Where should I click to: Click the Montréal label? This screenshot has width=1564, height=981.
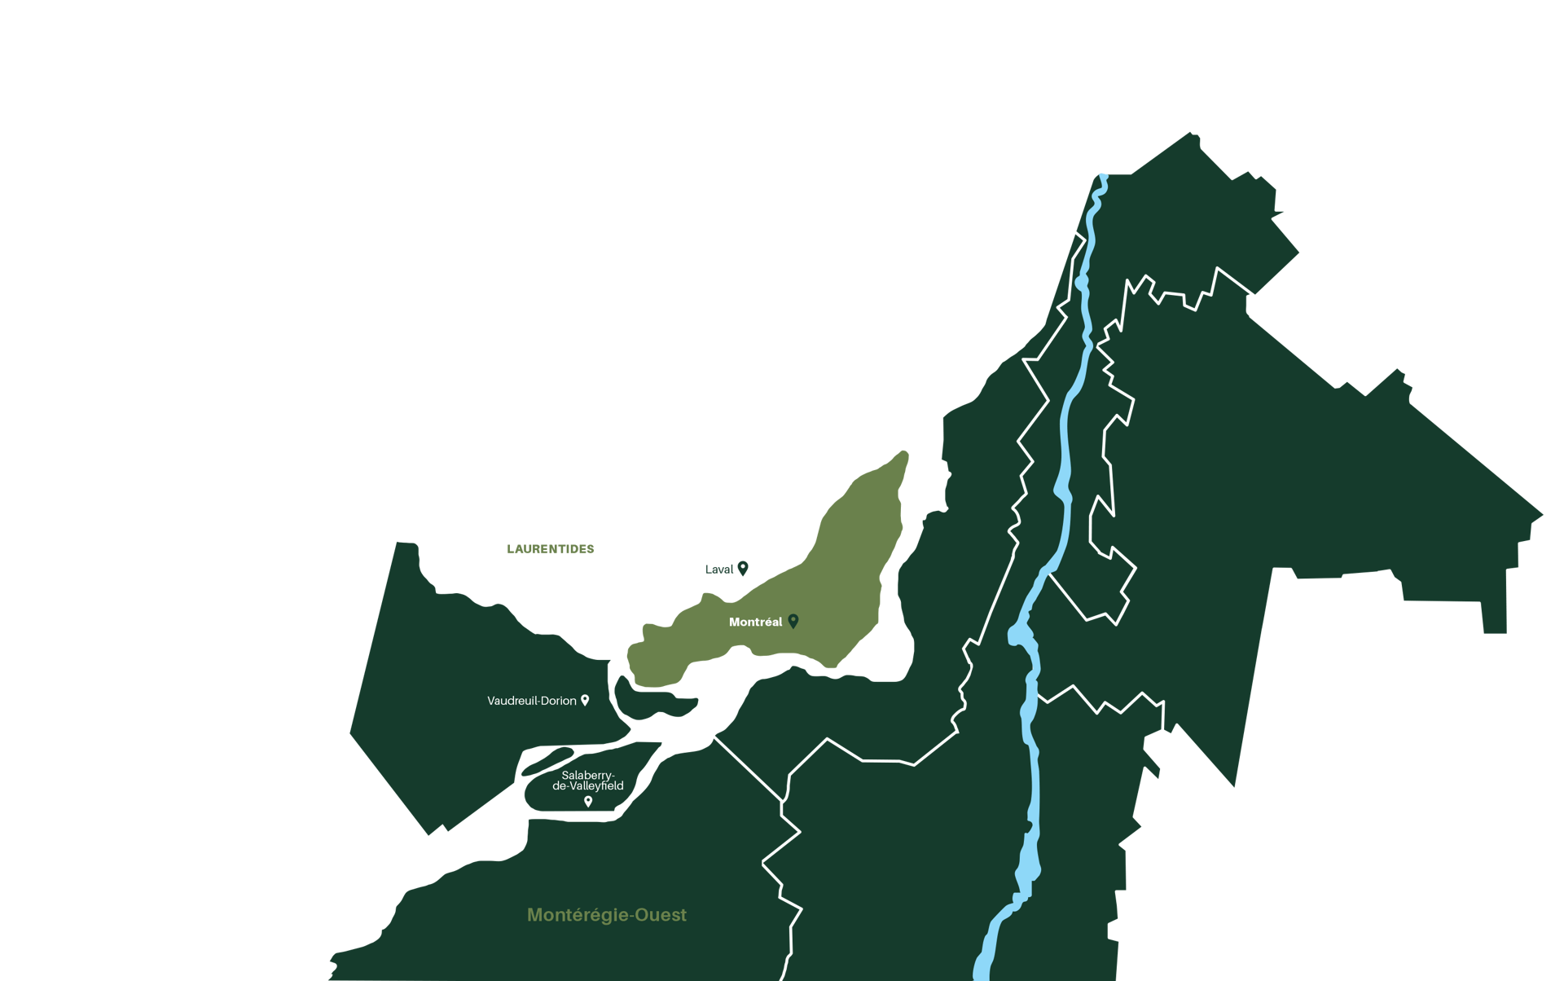(x=755, y=622)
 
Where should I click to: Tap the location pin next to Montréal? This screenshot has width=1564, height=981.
(x=793, y=621)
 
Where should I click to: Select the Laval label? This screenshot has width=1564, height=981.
(x=718, y=570)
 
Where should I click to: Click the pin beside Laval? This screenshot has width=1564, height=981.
(x=742, y=568)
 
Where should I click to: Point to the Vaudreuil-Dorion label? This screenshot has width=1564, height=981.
(x=531, y=701)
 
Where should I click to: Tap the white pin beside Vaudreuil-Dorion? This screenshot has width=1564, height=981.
(x=584, y=700)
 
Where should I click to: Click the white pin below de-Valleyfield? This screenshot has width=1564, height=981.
(x=588, y=802)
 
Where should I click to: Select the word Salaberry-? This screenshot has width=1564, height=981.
(x=588, y=775)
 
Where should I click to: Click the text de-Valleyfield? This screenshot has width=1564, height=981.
(x=588, y=786)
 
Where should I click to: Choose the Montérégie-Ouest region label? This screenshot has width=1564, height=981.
(x=606, y=915)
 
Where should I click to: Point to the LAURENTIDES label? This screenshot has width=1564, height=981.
(x=551, y=549)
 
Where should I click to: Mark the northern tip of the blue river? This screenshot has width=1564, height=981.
(x=1103, y=177)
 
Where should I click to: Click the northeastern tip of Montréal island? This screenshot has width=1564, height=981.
(x=903, y=455)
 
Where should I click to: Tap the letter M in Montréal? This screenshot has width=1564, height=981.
(x=734, y=622)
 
